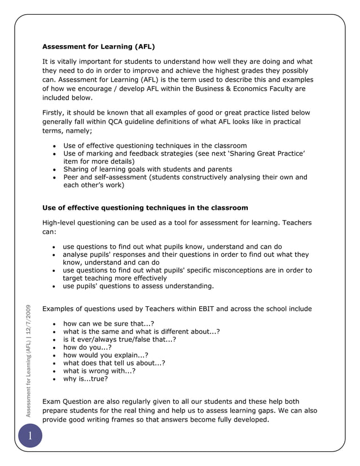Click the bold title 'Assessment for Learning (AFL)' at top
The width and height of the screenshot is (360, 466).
(99, 46)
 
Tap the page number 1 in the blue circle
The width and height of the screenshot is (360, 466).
(29, 437)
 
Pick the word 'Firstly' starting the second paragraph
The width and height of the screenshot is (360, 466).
(55, 112)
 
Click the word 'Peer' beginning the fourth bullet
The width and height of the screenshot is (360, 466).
(72, 177)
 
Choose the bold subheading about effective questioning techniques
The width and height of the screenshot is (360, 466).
(145, 208)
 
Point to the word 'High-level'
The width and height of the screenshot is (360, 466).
(61, 223)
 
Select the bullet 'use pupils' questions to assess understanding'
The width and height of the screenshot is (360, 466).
(138, 286)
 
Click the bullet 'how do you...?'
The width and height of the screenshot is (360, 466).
(87, 348)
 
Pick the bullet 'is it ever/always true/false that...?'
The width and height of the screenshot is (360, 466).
(119, 340)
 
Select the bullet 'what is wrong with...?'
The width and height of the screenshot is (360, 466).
(99, 371)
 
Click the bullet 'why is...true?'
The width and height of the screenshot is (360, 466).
(85, 379)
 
